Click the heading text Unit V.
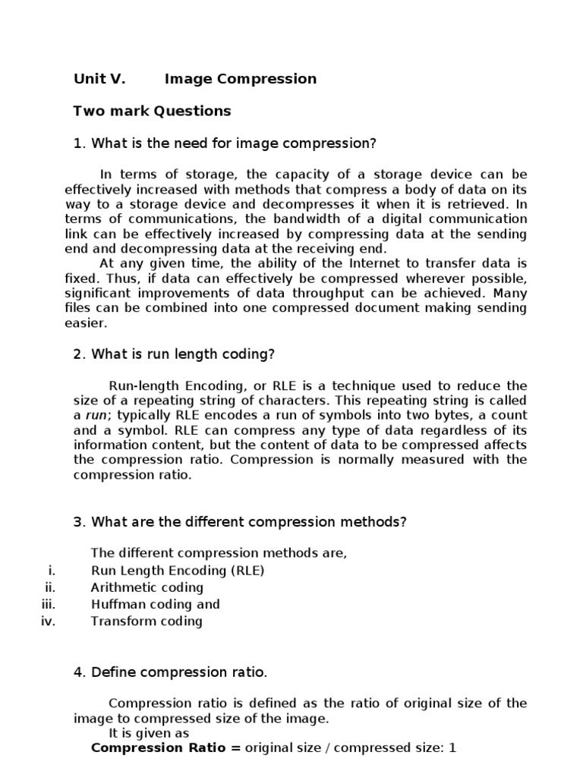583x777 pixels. click(99, 79)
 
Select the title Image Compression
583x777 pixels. click(241, 79)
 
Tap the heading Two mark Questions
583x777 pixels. click(152, 112)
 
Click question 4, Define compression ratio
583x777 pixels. click(170, 672)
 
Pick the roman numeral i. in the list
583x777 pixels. click(52, 571)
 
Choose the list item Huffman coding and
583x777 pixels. click(155, 604)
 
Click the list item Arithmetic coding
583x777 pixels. click(147, 587)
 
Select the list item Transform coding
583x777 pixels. click(147, 621)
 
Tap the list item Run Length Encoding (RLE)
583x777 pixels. click(178, 571)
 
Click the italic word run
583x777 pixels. click(95, 415)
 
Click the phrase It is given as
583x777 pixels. click(149, 733)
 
